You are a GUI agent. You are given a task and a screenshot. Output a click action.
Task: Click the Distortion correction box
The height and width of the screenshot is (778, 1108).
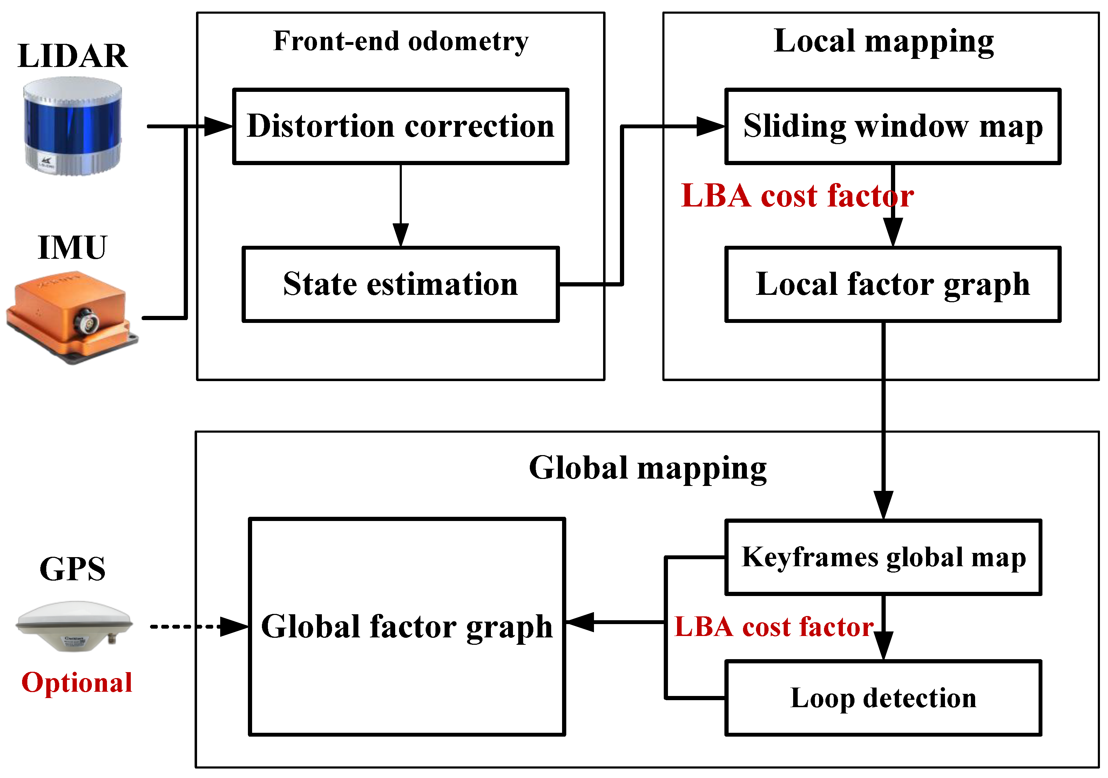pyautogui.click(x=400, y=127)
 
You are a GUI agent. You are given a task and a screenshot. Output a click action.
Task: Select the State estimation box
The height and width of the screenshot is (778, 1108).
pyautogui.click(x=400, y=284)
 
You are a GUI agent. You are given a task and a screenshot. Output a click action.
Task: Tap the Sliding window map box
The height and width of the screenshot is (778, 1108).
pyautogui.click(x=893, y=127)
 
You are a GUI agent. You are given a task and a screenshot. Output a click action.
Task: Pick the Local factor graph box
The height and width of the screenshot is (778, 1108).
pyautogui.click(x=893, y=284)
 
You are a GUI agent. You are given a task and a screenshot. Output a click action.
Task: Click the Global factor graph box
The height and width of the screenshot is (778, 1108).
pyautogui.click(x=407, y=627)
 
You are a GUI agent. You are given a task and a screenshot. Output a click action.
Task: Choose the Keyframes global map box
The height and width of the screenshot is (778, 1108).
pyautogui.click(x=883, y=557)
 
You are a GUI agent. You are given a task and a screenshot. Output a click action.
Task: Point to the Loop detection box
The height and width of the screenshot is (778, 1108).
pyautogui.click(x=883, y=698)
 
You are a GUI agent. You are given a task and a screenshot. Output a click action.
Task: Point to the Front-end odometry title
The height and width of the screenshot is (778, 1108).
pyautogui.click(x=400, y=41)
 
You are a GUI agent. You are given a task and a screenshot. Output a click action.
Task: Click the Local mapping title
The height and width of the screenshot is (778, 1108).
pyautogui.click(x=883, y=41)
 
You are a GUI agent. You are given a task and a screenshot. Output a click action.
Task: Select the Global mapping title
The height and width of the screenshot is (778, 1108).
pyautogui.click(x=648, y=468)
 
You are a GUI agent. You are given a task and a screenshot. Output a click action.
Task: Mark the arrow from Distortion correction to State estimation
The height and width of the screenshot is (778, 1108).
pyautogui.click(x=400, y=203)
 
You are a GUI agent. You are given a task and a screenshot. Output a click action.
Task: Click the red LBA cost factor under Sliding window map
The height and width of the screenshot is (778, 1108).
pyautogui.click(x=796, y=196)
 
